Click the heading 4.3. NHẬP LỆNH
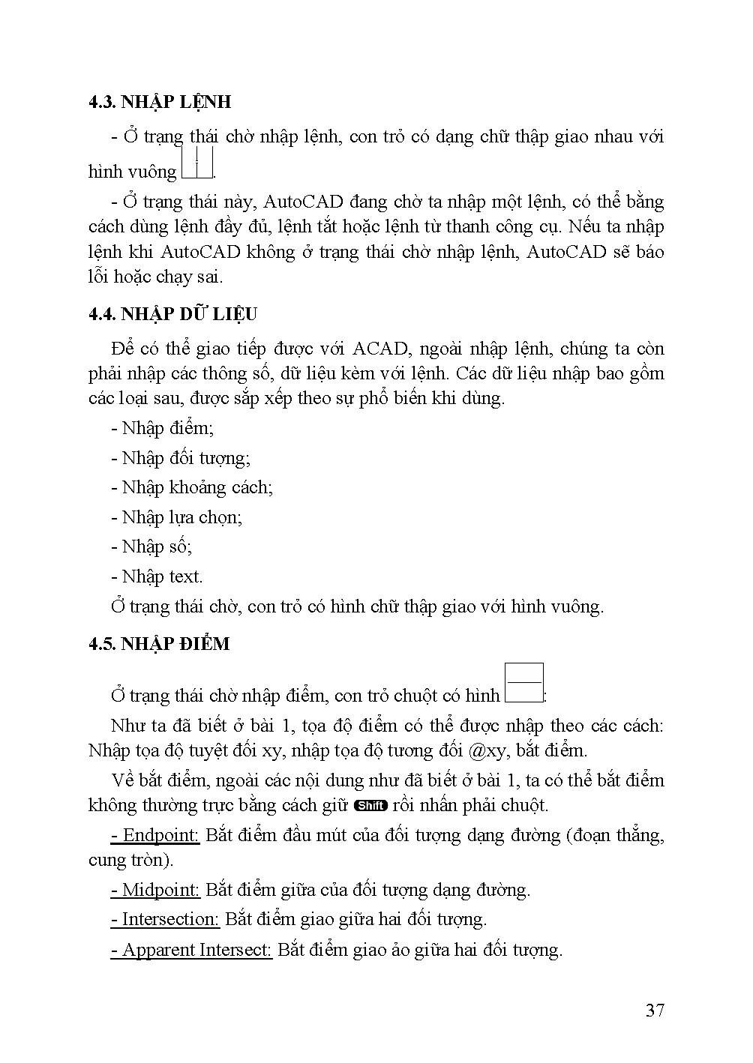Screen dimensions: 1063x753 (x=159, y=102)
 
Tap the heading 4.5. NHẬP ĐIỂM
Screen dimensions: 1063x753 (x=159, y=644)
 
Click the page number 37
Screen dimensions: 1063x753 (x=655, y=1011)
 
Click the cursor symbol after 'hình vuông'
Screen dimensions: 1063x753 (x=197, y=164)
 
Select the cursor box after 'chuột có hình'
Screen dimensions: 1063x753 (x=524, y=683)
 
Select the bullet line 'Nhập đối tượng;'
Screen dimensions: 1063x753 (x=181, y=458)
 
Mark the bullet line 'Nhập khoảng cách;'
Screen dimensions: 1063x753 (x=192, y=487)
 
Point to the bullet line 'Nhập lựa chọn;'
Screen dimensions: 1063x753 (x=177, y=517)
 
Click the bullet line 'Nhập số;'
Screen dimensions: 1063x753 (x=152, y=546)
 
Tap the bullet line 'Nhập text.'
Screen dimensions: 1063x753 (x=157, y=576)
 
